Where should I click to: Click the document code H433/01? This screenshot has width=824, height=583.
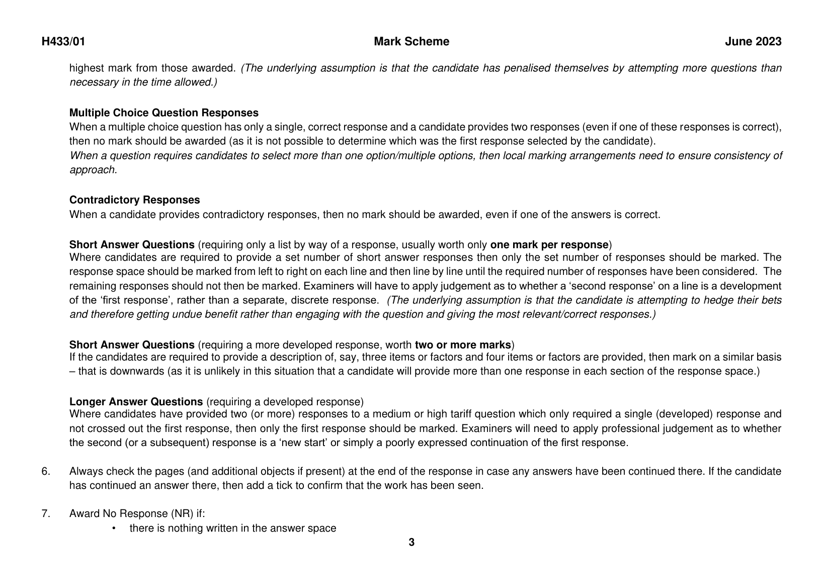point(63,42)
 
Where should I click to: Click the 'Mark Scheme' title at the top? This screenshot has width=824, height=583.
point(411,42)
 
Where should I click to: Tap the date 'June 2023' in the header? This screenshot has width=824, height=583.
point(753,42)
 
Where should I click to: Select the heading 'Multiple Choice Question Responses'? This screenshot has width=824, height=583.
point(164,113)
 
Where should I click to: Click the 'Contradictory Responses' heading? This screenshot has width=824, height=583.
point(134,200)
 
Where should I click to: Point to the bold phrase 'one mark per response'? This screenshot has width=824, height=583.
point(549,245)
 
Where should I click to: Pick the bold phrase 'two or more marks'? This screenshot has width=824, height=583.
point(463,345)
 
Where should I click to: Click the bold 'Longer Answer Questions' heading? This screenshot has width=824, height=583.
point(136,402)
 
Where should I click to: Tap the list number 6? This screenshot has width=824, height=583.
point(46,472)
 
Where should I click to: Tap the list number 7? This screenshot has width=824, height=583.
point(46,514)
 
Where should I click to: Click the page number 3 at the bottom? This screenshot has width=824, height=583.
point(411,542)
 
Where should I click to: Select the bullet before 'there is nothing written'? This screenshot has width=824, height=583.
point(114,529)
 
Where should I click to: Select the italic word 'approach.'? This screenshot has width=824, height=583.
point(93,170)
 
